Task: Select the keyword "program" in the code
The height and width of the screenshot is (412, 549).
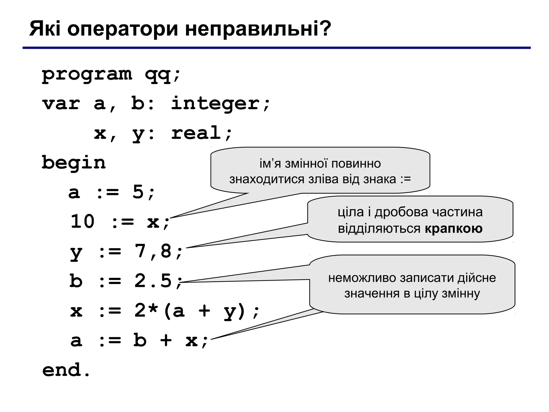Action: pos(87,74)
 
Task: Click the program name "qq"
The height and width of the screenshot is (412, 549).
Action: pos(158,75)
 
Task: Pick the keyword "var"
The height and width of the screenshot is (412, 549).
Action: pos(61,104)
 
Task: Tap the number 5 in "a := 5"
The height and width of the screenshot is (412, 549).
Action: pos(138,192)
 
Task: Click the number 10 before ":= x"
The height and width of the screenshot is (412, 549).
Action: pos(83,222)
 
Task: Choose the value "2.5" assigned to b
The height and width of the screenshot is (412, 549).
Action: pos(153,281)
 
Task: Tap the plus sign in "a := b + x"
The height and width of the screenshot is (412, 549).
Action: pos(166,340)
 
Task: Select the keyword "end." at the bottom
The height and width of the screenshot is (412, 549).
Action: pos(66,370)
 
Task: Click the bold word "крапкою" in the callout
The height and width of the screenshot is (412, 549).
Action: pos(454,229)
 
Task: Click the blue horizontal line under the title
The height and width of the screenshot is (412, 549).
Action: pos(276,48)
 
